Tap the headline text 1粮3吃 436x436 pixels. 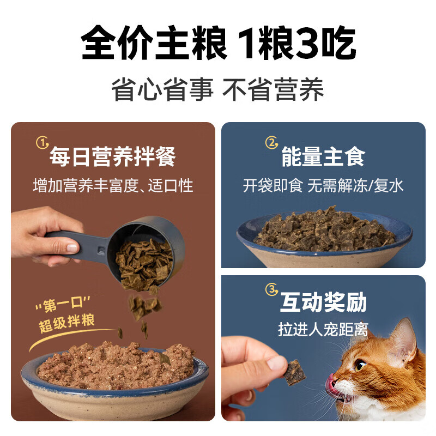pyautogui.click(x=294, y=44)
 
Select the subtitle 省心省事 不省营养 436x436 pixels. pyautogui.click(x=218, y=89)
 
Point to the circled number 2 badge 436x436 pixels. pyautogui.click(x=271, y=143)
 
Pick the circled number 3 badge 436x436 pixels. pyautogui.click(x=271, y=289)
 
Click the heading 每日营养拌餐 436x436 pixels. pyautogui.click(x=112, y=157)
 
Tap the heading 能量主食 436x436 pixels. pyautogui.click(x=323, y=157)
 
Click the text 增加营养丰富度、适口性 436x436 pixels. pyautogui.click(x=113, y=185)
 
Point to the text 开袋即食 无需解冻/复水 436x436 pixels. pyautogui.click(x=323, y=185)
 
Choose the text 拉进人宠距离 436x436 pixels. pyautogui.click(x=323, y=330)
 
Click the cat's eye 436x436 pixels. pyautogui.click(x=360, y=365)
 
